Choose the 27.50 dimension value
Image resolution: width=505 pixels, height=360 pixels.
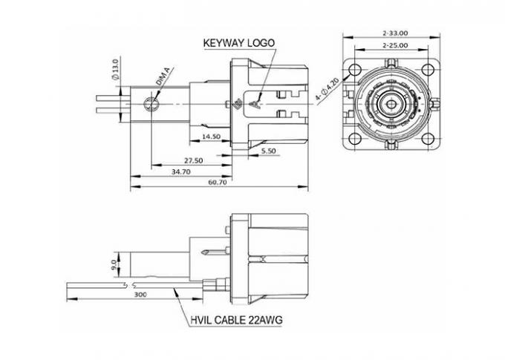(x=193, y=160)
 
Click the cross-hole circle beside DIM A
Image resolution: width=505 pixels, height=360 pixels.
(x=151, y=102)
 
